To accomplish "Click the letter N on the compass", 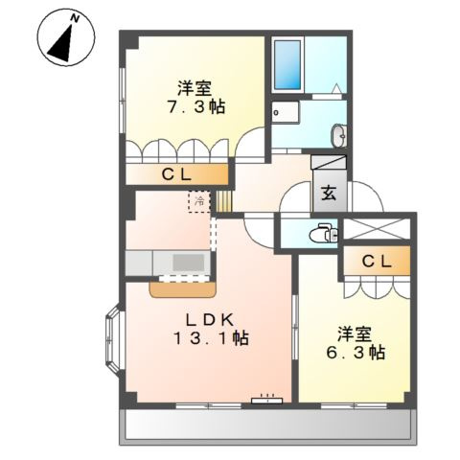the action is tap(75, 18).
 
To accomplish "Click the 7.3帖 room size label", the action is tap(196, 107).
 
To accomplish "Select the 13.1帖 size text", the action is tap(211, 337).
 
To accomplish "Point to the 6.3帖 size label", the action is tap(356, 352).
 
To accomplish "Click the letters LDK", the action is tap(211, 319).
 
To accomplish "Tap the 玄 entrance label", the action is tap(330, 193).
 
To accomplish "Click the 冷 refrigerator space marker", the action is tap(199, 201).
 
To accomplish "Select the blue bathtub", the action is tap(287, 65).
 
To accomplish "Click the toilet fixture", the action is tap(323, 234).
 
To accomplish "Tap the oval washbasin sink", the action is tap(338, 136).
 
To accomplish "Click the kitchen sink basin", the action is tap(189, 263).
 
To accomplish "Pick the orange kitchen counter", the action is tap(183, 290).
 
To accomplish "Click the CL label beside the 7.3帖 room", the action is tap(176, 174).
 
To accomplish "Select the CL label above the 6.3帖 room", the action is tap(377, 262).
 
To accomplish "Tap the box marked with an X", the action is tap(377, 229).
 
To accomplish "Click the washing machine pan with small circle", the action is tap(286, 112).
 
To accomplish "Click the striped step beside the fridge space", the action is tap(223, 201).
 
